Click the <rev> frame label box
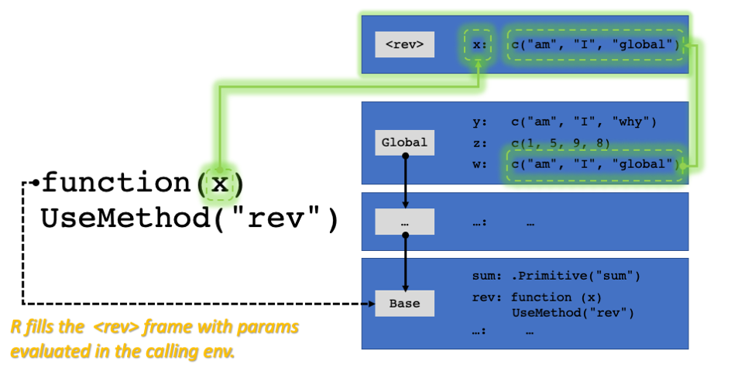(x=404, y=45)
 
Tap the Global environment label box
(x=404, y=143)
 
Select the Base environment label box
(x=404, y=304)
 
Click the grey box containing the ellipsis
(x=404, y=222)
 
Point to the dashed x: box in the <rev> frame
(x=479, y=45)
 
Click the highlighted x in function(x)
(x=219, y=183)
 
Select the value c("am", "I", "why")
(x=584, y=122)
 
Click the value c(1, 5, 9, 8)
(x=560, y=143)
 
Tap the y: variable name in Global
(x=479, y=122)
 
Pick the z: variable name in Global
(x=479, y=143)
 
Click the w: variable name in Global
(x=479, y=164)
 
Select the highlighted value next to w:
(x=595, y=164)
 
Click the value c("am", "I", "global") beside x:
(x=595, y=45)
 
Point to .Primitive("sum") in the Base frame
(x=575, y=276)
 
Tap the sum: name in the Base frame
(x=487, y=276)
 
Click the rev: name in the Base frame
(x=487, y=297)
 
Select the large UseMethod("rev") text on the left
(x=190, y=218)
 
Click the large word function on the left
(x=117, y=182)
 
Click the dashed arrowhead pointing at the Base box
(x=372, y=304)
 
